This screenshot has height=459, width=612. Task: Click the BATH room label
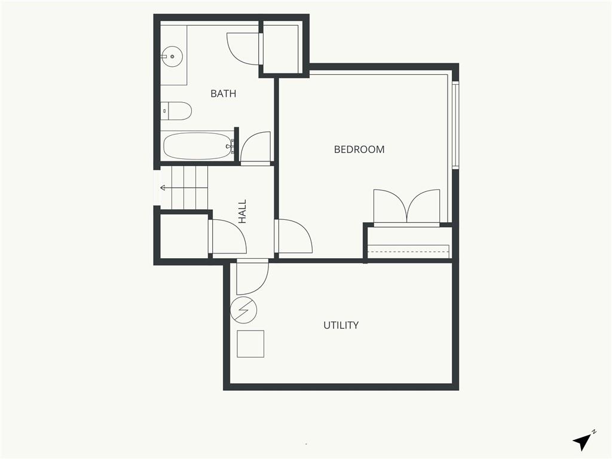[224, 94]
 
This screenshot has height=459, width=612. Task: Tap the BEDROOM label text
[359, 149]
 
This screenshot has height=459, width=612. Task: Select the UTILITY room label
[341, 325]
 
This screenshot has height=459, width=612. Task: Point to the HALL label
[243, 212]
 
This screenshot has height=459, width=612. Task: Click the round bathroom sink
[172, 57]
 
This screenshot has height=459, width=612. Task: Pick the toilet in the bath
[176, 111]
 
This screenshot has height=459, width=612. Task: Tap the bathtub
[198, 146]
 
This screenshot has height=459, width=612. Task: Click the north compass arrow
[583, 442]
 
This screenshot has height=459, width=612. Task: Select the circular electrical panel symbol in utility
[244, 310]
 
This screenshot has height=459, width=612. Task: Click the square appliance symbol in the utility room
[250, 344]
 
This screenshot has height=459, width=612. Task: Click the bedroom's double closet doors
[406, 207]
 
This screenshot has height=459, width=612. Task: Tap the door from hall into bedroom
[293, 236]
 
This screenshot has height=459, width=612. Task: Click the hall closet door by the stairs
[228, 237]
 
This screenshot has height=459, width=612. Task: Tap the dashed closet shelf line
[409, 252]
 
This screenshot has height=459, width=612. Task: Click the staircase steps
[189, 188]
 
